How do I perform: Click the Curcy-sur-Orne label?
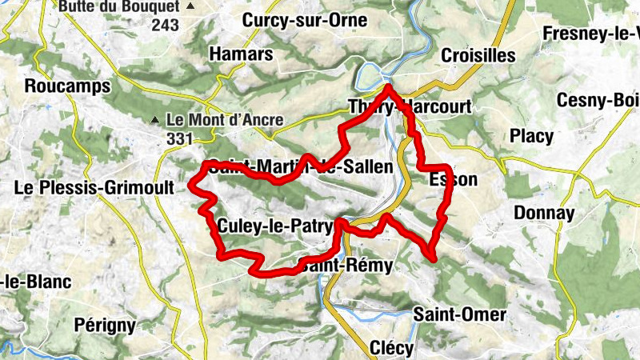(x=294, y=20)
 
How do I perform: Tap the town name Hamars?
(x=241, y=54)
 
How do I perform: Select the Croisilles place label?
(x=479, y=55)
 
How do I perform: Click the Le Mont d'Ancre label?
(x=225, y=120)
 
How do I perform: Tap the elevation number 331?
(x=180, y=139)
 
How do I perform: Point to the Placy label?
(x=531, y=136)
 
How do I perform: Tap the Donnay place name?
(x=544, y=213)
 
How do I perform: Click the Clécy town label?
(x=392, y=348)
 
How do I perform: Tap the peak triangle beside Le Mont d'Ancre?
(x=155, y=121)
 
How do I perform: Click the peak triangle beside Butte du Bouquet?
(x=190, y=7)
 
